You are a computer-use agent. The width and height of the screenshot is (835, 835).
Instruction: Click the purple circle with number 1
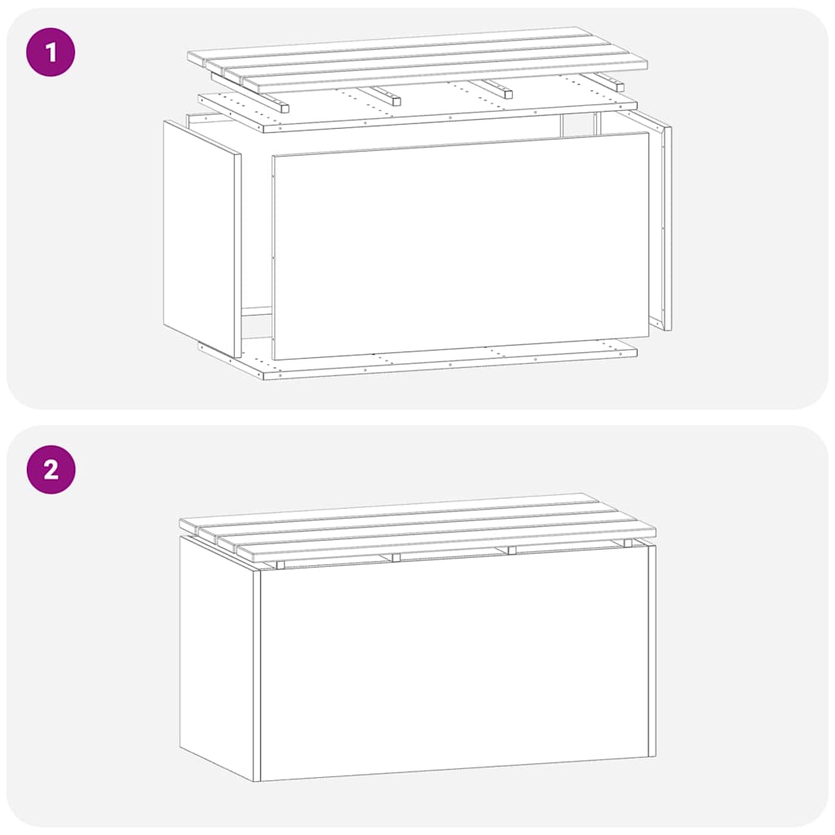(x=51, y=52)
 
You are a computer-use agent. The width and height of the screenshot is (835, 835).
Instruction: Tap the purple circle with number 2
(x=51, y=470)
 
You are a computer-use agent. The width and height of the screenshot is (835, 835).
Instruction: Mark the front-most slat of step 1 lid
(x=444, y=76)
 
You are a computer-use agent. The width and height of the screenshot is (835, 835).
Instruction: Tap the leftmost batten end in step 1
(x=281, y=107)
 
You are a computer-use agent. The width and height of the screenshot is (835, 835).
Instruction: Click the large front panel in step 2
(x=453, y=665)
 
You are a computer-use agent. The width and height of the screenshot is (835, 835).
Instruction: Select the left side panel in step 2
(x=216, y=652)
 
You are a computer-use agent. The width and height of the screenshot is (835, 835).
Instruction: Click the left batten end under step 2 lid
(x=280, y=565)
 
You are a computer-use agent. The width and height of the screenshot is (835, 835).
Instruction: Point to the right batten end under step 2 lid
(x=511, y=550)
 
